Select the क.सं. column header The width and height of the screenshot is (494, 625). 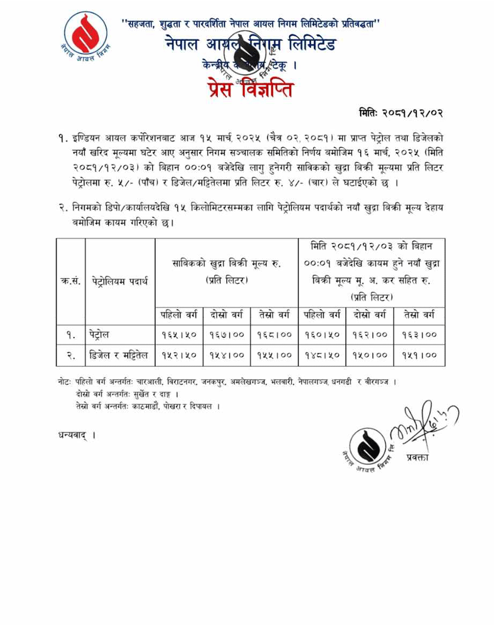pos(70,281)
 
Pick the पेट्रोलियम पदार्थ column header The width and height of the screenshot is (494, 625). pos(120,281)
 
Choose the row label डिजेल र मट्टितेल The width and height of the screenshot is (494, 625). pos(119,355)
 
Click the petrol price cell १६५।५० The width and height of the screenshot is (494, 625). pos(179,334)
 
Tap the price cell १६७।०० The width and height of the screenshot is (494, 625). pos(227,334)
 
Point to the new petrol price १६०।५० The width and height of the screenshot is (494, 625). pos(322,334)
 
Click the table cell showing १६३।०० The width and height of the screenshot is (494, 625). pos(419,334)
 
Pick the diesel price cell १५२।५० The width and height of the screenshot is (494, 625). pos(179,355)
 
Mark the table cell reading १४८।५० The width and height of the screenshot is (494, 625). pos(322,355)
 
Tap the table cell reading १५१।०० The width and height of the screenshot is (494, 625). pos(419,355)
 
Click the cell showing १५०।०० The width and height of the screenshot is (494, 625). pos(369,355)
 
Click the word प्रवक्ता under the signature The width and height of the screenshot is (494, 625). pos(418,457)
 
